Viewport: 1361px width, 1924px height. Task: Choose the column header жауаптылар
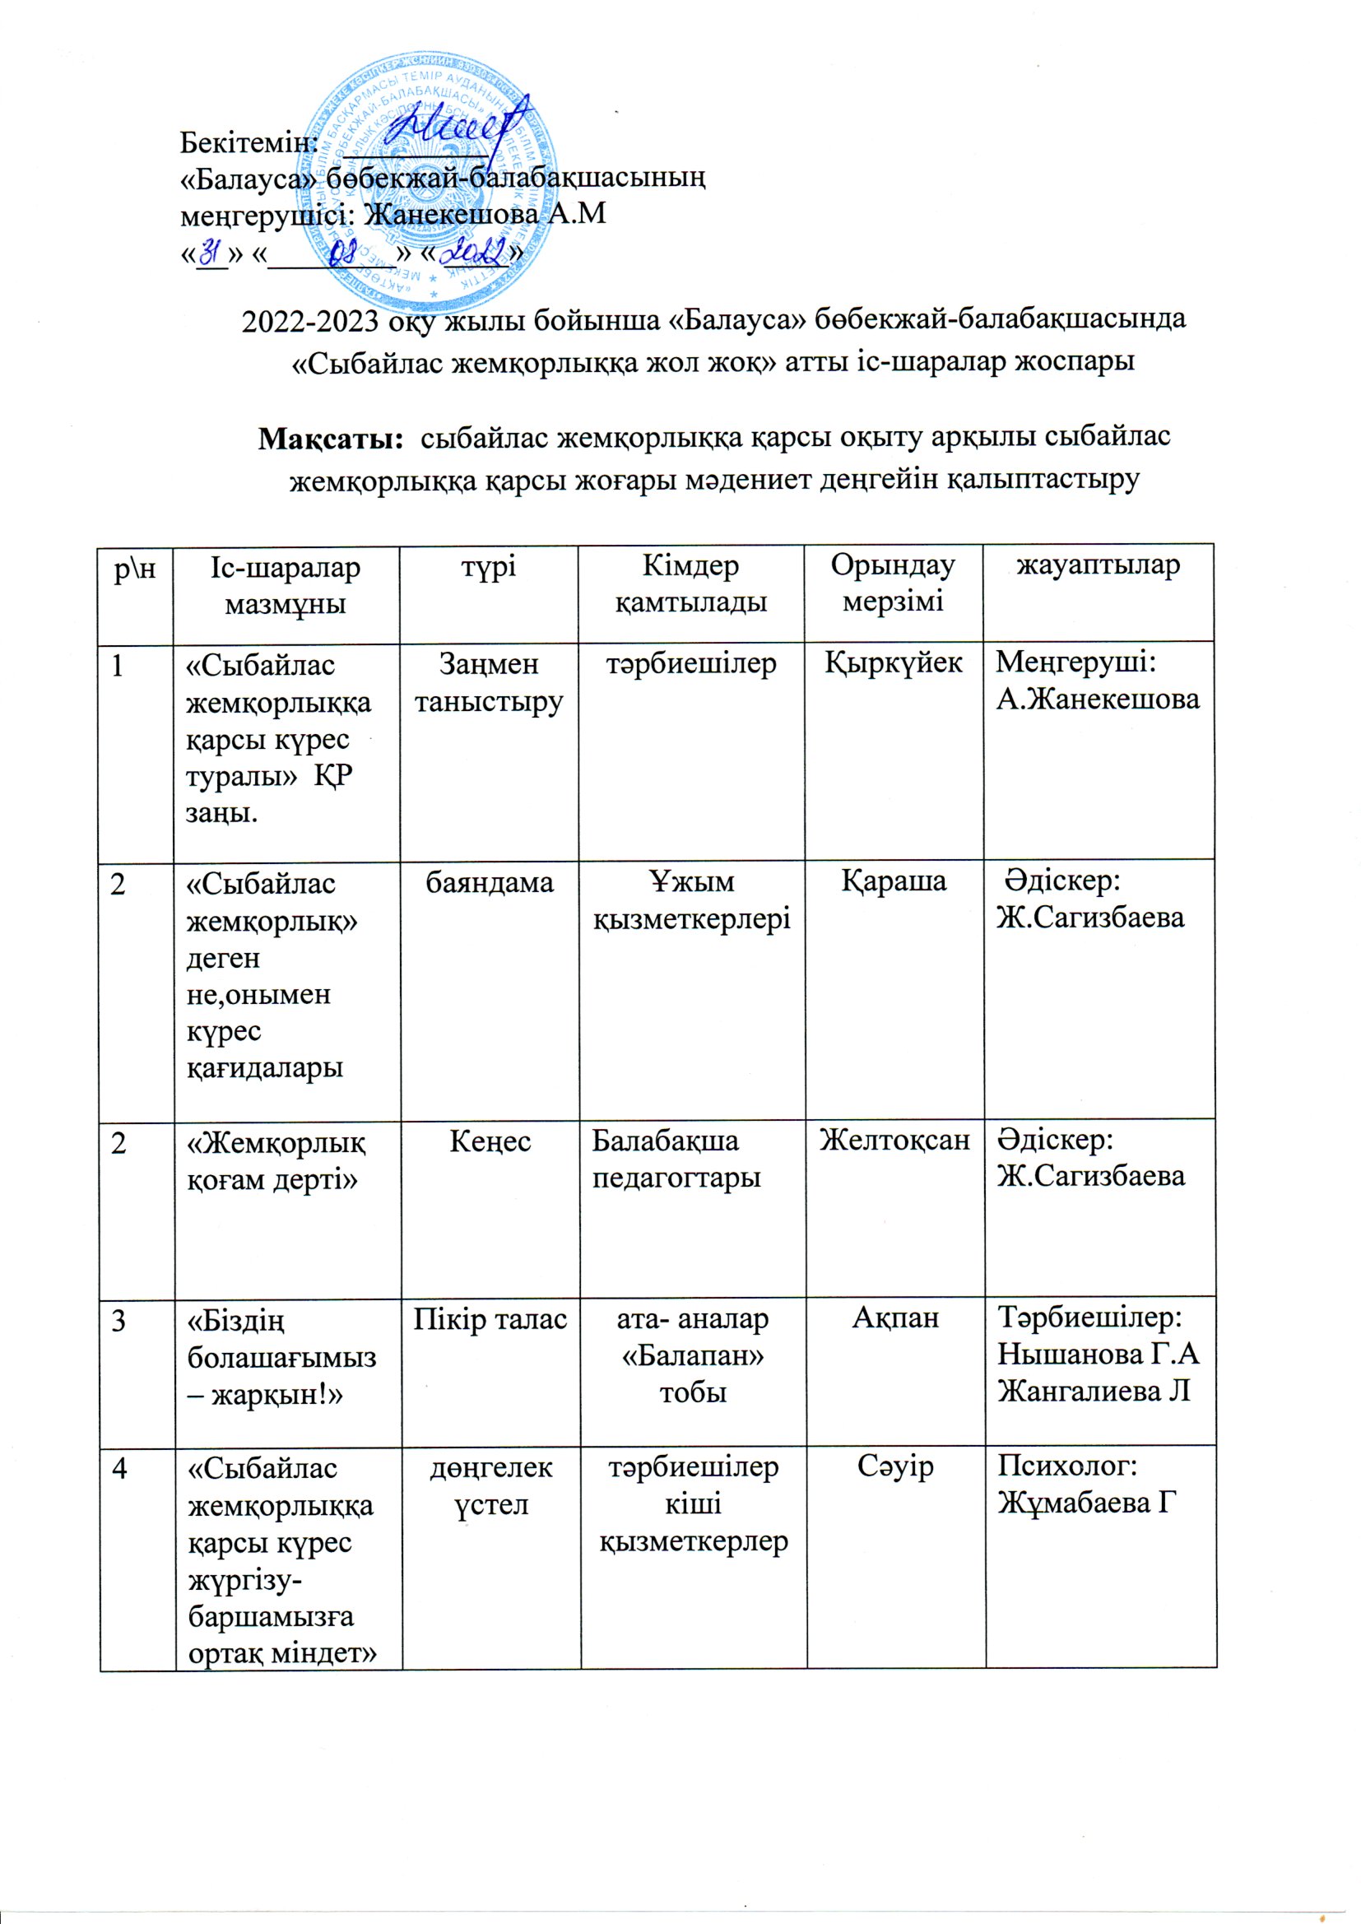(1098, 565)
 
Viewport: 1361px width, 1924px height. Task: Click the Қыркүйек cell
(894, 663)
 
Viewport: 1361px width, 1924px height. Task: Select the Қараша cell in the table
(894, 881)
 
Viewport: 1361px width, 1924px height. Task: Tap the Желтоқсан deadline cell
(894, 1141)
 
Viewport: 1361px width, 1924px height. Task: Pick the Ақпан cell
(895, 1318)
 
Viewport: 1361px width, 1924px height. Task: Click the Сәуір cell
(895, 1467)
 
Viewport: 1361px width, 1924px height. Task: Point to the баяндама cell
(490, 881)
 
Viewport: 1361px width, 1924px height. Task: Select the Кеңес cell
(490, 1141)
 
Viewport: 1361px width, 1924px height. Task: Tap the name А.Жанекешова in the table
(1098, 699)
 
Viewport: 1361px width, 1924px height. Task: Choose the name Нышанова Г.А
(1098, 1355)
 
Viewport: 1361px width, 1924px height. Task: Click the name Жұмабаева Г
(1082, 1504)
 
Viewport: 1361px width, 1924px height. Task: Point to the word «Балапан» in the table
(692, 1356)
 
